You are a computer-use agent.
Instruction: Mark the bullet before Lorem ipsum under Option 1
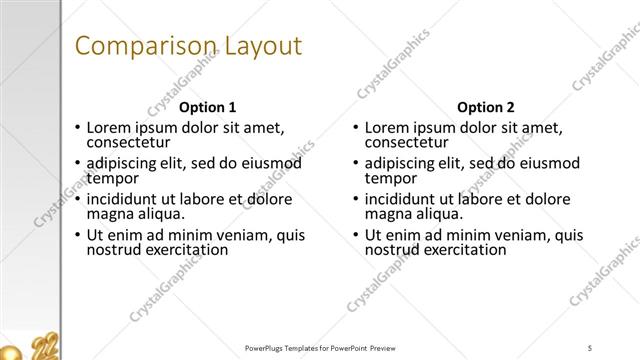pyautogui.click(x=78, y=128)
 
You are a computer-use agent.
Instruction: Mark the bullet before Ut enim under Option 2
pyautogui.click(x=356, y=236)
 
